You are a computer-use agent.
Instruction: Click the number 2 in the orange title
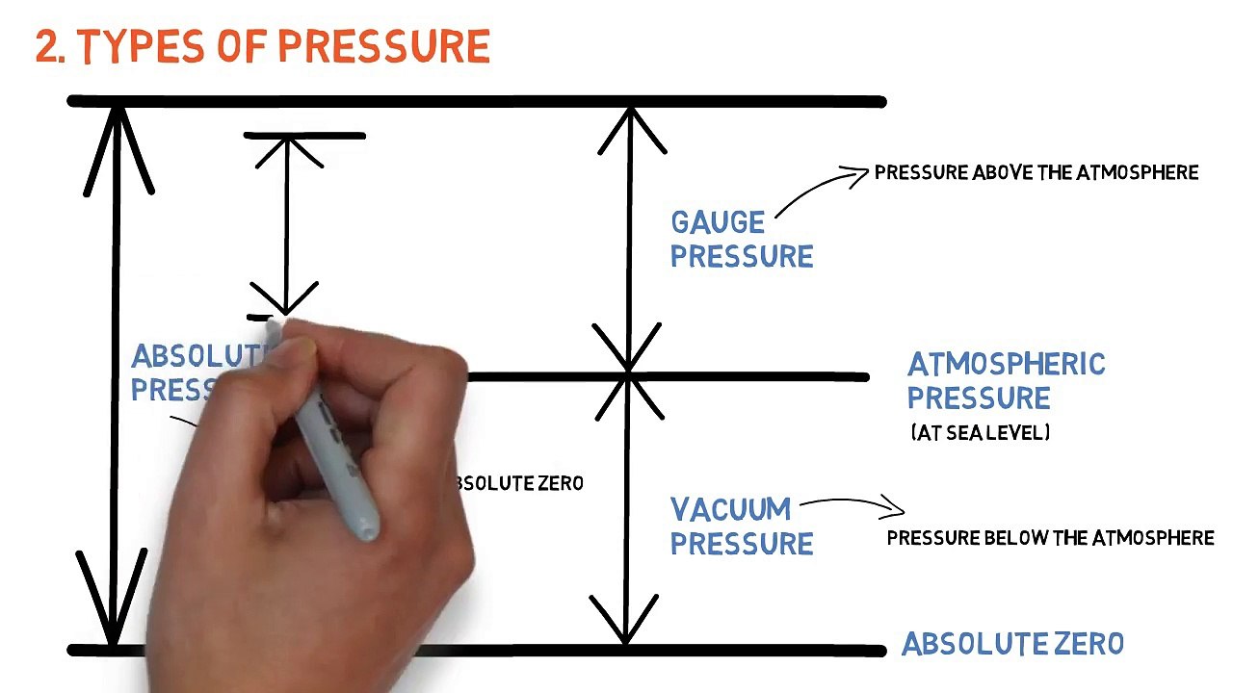pyautogui.click(x=47, y=47)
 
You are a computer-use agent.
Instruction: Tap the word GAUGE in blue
pyautogui.click(x=718, y=223)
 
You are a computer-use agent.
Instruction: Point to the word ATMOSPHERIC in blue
pyautogui.click(x=1006, y=365)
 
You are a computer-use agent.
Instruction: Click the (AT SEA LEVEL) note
pyautogui.click(x=980, y=433)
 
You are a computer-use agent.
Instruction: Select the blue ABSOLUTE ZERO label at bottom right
pyautogui.click(x=1011, y=644)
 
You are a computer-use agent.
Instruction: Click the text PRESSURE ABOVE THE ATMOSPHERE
pyautogui.click(x=1036, y=173)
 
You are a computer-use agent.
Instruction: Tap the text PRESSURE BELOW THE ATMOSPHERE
pyautogui.click(x=1050, y=538)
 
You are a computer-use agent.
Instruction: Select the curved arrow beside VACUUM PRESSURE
pyautogui.click(x=853, y=503)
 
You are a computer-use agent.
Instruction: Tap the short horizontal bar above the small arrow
pyautogui.click(x=304, y=137)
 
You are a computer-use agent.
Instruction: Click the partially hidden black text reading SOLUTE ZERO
pyautogui.click(x=520, y=483)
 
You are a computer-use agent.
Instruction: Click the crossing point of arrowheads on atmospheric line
pyautogui.click(x=628, y=373)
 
